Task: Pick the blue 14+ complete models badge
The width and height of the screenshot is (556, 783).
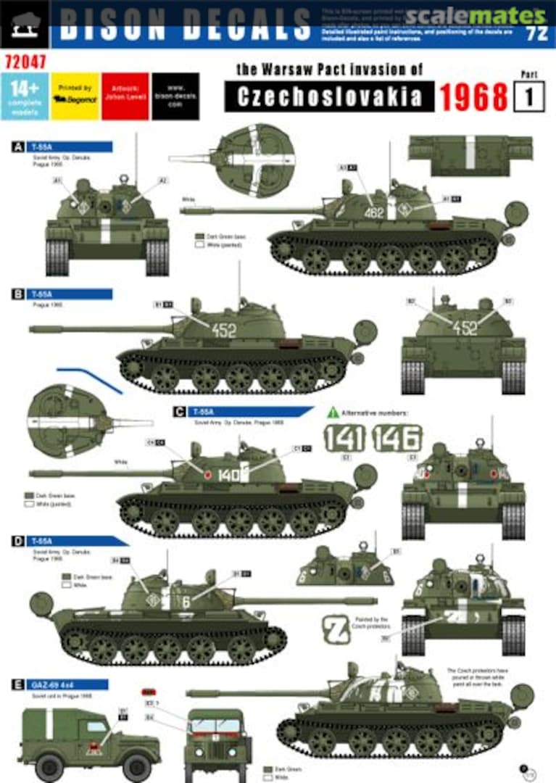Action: pos(29,96)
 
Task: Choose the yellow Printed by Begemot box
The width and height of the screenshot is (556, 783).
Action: pos(75,96)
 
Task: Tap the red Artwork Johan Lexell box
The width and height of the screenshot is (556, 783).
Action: pos(125,96)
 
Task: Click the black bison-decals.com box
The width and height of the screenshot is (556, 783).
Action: pos(175,96)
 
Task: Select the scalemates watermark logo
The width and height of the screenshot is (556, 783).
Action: pos(475,14)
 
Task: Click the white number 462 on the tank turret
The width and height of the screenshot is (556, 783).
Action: pos(374,213)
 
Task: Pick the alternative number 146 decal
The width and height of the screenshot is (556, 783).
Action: pos(397,438)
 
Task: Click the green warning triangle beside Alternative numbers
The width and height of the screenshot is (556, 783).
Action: pos(333,412)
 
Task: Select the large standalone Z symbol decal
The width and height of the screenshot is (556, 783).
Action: pos(335,629)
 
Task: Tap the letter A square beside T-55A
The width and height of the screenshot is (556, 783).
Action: pos(17,146)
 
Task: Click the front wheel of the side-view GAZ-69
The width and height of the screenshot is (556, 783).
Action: pos(49,767)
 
